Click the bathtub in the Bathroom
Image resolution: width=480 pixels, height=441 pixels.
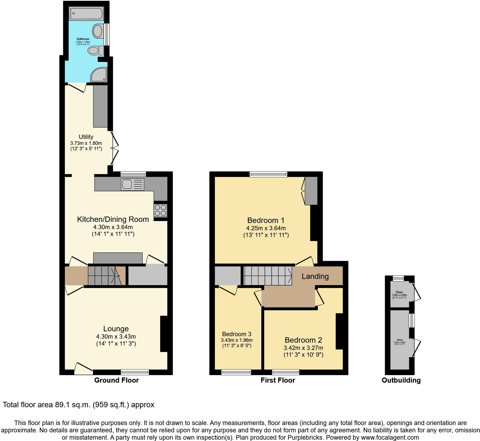[x=86, y=14]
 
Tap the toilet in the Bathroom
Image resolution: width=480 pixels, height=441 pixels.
[x=96, y=50]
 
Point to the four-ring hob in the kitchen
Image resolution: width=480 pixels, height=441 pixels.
[x=160, y=211]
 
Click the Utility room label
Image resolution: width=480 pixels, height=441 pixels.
[x=86, y=137]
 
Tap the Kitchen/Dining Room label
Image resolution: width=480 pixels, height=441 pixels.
[x=113, y=219]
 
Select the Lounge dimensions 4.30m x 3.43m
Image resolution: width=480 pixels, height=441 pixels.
[x=116, y=337]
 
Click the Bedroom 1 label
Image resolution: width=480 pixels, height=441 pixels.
[x=266, y=220]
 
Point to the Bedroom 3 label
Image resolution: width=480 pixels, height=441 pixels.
[x=236, y=334]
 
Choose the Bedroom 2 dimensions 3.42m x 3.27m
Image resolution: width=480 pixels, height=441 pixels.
[x=303, y=348]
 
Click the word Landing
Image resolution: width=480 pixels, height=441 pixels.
[x=315, y=276]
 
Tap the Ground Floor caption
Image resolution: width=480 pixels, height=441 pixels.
[x=116, y=380]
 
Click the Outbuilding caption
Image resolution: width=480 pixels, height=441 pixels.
[x=401, y=380]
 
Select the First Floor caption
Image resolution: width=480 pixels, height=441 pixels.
[x=278, y=380]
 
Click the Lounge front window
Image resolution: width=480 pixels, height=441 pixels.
[x=135, y=372]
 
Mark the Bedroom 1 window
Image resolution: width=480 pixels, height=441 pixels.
[x=268, y=174]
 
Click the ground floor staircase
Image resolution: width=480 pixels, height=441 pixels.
[x=104, y=276]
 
